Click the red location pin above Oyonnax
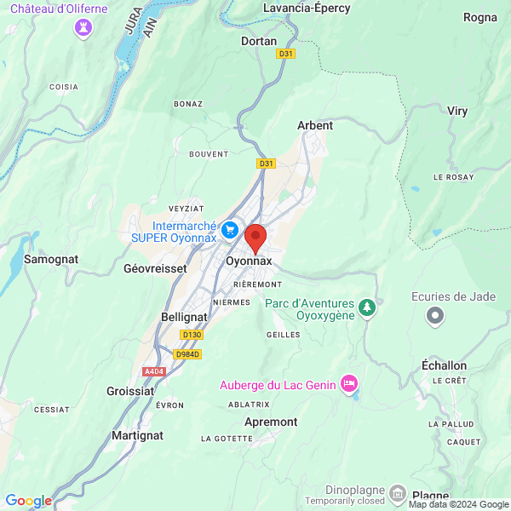255,236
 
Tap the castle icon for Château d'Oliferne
83,28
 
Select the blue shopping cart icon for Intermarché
229,230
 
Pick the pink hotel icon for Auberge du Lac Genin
348,384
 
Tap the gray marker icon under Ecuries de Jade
436,317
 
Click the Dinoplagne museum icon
398,494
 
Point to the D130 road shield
192,335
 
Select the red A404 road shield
154,371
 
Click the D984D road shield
187,353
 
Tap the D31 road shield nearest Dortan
286,54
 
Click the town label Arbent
315,125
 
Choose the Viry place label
457,111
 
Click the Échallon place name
445,365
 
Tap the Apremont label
271,422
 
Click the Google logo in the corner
28,501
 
